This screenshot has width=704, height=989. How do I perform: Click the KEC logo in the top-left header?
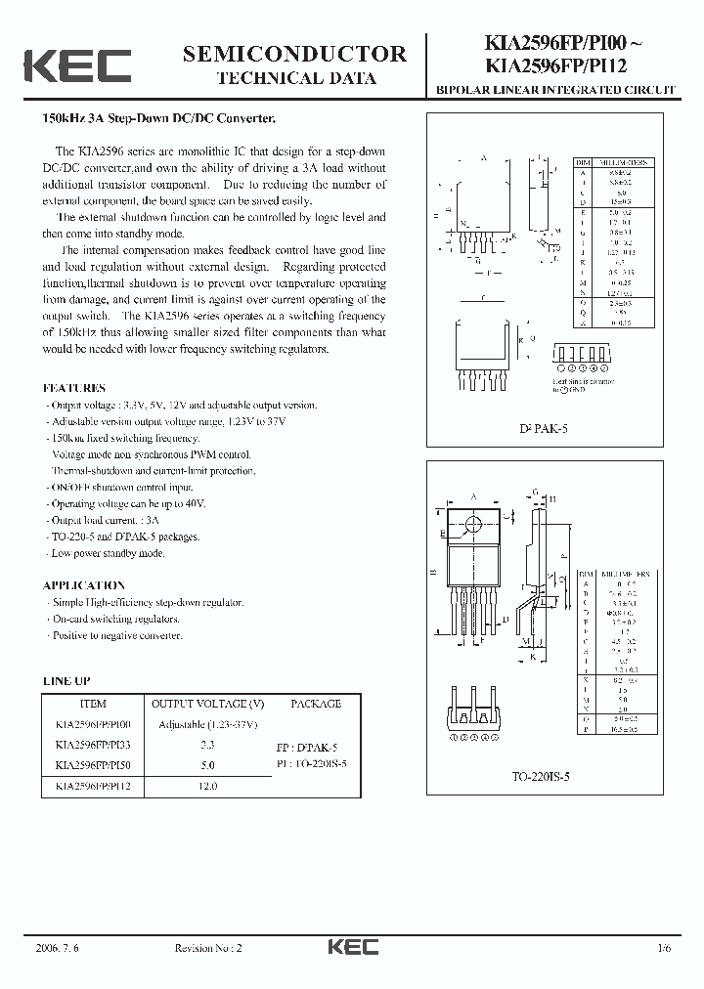[77, 66]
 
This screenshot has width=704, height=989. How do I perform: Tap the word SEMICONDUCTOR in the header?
[293, 55]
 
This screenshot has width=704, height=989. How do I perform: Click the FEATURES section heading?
[74, 388]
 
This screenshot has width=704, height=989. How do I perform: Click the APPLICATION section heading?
[84, 585]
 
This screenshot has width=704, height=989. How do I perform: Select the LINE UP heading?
[66, 680]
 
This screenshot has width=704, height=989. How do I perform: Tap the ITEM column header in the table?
[92, 704]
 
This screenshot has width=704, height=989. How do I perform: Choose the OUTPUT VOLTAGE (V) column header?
[207, 704]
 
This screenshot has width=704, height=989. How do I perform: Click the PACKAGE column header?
[316, 704]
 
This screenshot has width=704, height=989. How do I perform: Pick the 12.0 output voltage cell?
[207, 785]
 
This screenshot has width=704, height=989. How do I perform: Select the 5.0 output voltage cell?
[207, 764]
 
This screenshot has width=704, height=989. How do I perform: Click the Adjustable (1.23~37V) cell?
[206, 724]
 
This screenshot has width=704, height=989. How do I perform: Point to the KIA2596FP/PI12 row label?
[93, 785]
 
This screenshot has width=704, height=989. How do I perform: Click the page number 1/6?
[666, 948]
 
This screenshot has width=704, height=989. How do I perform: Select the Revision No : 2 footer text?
[207, 948]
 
